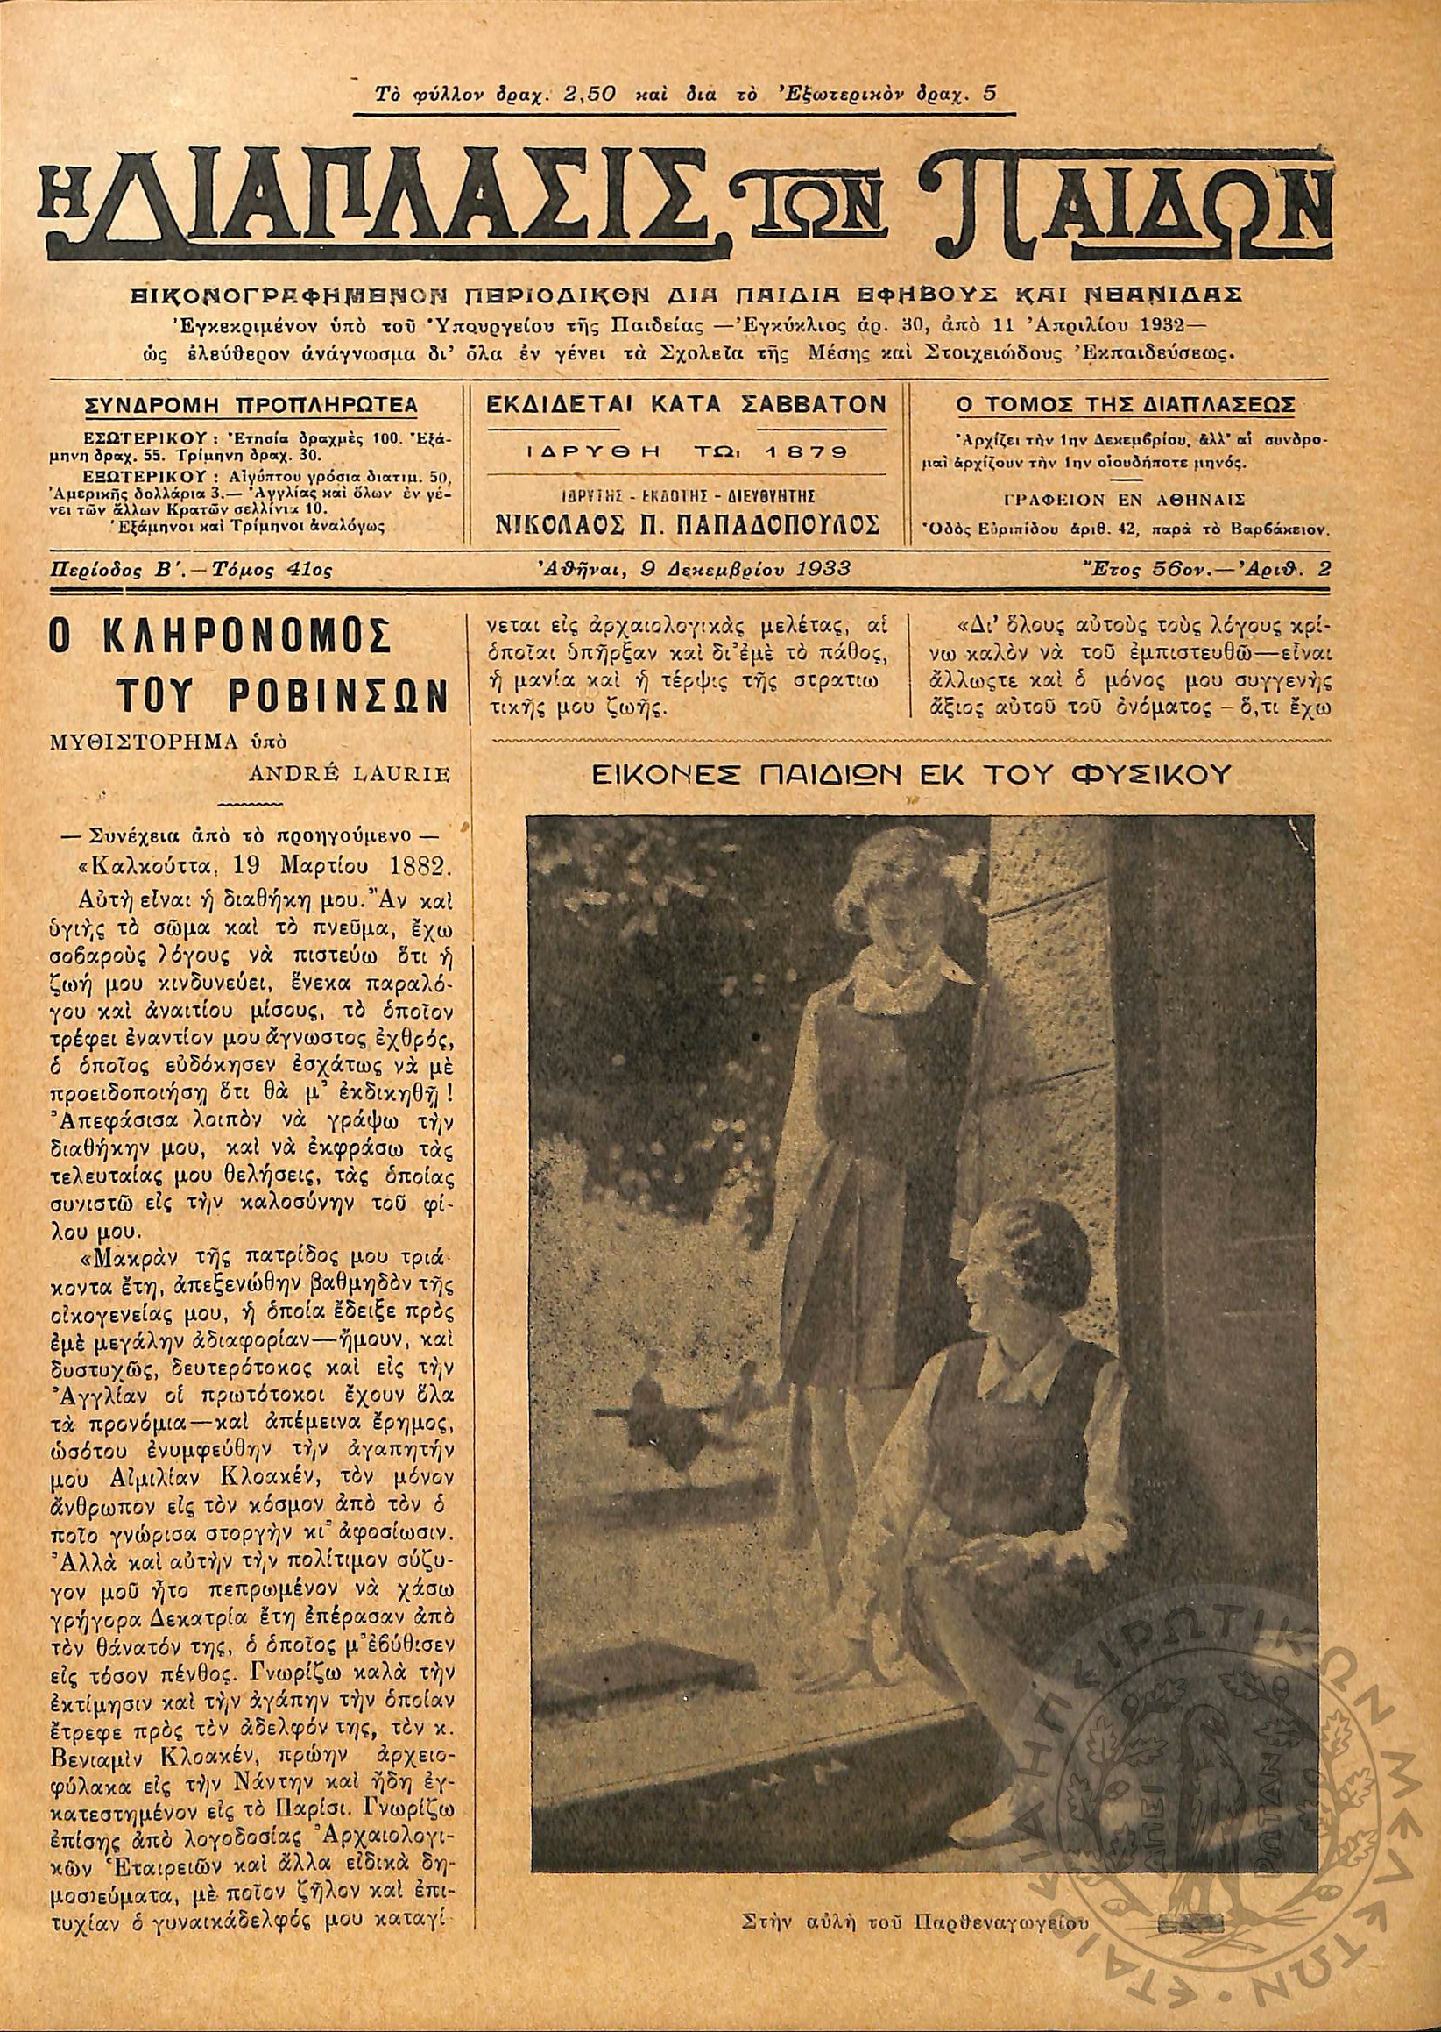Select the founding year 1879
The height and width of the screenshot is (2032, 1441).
tap(805, 451)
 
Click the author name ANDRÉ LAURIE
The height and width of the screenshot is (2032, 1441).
tap(351, 775)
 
